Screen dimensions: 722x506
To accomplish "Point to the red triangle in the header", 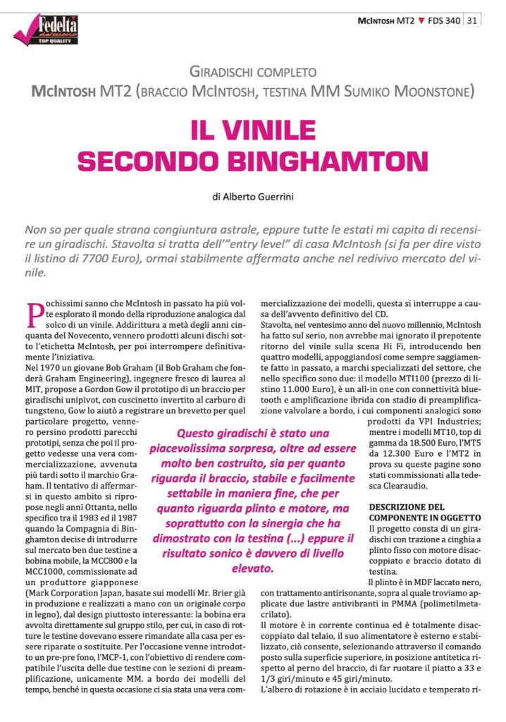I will tap(421, 20).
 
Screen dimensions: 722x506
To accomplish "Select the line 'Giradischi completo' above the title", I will tap(252, 72).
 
